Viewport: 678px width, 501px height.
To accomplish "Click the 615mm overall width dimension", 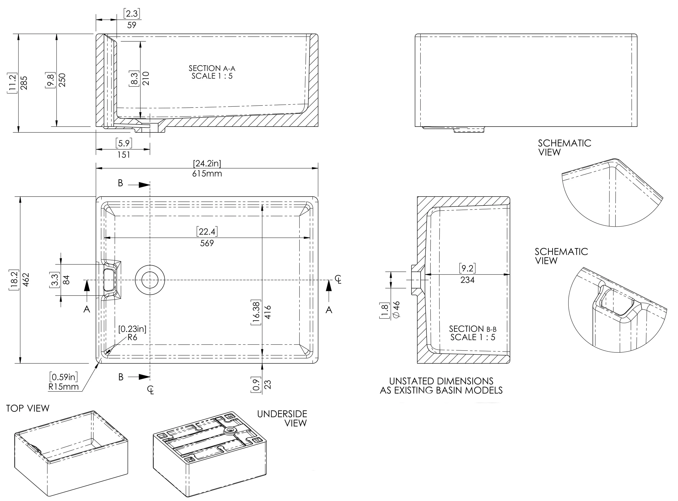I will [207, 174].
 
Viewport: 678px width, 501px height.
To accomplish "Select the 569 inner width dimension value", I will [207, 243].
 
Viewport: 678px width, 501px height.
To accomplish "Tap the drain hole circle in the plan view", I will [150, 280].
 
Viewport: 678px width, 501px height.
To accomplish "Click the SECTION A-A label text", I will [212, 72].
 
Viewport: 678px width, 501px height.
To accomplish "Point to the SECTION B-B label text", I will [472, 333].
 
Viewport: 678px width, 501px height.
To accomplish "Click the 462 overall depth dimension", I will [26, 280].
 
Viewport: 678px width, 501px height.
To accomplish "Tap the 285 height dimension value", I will [24, 83].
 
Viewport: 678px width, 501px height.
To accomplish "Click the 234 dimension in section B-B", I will [467, 280].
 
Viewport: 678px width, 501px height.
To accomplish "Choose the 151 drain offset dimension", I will [124, 155].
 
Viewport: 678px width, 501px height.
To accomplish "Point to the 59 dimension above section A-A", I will [132, 25].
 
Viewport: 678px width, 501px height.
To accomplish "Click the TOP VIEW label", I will [28, 408].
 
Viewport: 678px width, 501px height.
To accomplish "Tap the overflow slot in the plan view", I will [109, 280].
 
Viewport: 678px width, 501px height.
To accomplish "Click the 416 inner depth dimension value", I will [268, 312].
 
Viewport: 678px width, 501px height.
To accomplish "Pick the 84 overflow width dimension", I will [66, 280].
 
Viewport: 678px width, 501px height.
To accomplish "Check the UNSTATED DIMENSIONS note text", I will [441, 386].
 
